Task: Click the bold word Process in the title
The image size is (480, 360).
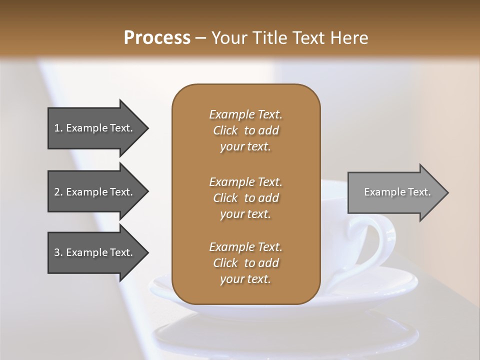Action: coord(157,38)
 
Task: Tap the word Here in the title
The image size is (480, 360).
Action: coord(348,38)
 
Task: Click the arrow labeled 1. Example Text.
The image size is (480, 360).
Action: coord(95,128)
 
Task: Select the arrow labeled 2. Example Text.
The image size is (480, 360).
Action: coord(95,192)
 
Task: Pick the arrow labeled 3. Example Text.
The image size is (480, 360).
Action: coord(95,252)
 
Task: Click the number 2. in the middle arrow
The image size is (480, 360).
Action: coord(58,192)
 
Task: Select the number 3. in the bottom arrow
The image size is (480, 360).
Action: coord(58,252)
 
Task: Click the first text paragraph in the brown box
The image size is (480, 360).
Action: coord(245,130)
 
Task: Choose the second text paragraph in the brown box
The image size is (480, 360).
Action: coord(245,198)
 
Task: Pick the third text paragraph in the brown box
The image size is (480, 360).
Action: coord(245,263)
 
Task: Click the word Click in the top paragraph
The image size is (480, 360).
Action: coord(225,131)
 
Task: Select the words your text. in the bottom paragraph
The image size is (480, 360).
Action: coord(245,279)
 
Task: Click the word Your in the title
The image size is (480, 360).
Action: coord(226,38)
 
